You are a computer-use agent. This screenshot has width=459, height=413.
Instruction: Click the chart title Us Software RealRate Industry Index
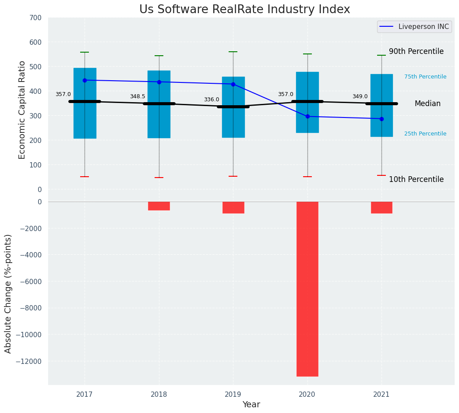[x=244, y=10]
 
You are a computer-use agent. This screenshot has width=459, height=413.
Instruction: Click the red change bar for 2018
[x=159, y=206]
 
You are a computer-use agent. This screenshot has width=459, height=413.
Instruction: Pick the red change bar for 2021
[x=381, y=207]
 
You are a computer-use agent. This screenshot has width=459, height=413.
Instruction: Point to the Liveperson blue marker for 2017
[x=85, y=80]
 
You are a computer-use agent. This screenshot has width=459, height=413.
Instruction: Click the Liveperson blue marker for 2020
[x=307, y=117]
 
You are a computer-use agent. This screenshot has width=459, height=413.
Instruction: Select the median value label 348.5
[x=138, y=96]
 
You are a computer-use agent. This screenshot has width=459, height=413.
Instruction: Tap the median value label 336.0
[x=212, y=100]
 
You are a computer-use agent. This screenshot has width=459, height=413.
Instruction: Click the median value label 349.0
[x=360, y=96]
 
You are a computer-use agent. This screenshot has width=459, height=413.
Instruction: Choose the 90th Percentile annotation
[x=416, y=51]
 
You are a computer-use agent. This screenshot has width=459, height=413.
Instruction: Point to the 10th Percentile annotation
[x=416, y=179]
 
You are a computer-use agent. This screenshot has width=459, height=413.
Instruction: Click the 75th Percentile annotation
[x=425, y=77]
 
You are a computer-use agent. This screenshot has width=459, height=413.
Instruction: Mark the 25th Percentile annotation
[x=425, y=134]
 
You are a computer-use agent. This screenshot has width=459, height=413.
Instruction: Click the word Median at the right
[x=427, y=104]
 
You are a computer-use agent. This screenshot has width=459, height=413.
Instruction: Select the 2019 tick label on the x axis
[x=233, y=395]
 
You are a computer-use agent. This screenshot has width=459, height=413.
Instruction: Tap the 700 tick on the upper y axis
[x=36, y=18]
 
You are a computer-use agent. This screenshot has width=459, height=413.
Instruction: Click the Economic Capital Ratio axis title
[x=22, y=110]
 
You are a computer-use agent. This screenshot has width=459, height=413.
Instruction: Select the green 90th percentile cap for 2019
[x=233, y=52]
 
